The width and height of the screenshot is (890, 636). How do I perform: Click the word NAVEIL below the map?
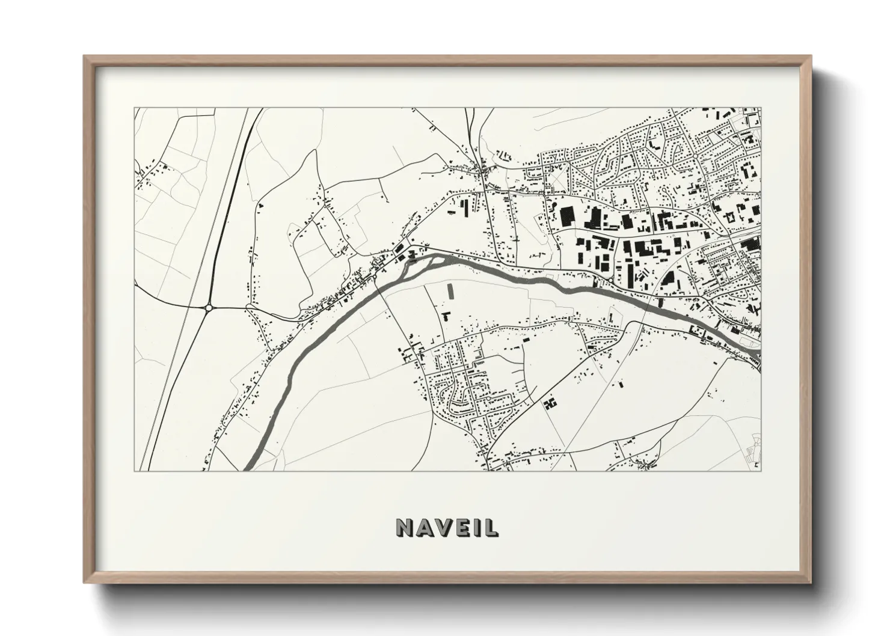[x=447, y=527]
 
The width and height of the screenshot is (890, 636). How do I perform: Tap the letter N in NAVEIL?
[x=405, y=527]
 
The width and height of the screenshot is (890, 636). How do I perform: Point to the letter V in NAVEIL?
[x=443, y=527]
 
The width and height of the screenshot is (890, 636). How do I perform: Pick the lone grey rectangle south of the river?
[x=450, y=292]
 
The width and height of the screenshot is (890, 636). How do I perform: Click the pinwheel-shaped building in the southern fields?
[x=550, y=403]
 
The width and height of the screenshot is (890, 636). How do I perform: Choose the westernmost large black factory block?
[x=567, y=216]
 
